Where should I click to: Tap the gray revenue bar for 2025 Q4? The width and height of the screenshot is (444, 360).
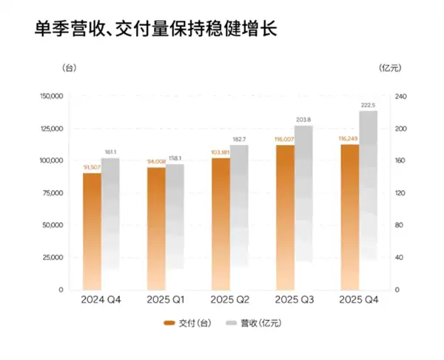coord(368,200)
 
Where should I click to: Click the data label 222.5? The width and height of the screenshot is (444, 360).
coord(368,106)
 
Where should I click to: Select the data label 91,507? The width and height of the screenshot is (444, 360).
coord(91,168)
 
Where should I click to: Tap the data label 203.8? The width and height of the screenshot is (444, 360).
coord(303,120)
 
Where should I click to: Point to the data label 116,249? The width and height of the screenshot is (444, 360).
coord(348,138)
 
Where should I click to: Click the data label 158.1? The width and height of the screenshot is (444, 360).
coord(175,158)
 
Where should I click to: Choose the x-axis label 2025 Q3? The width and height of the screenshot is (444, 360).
coord(295,300)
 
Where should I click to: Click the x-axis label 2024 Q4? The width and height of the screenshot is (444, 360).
coord(101,300)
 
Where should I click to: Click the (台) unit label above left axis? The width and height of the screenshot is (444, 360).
coord(69,68)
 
